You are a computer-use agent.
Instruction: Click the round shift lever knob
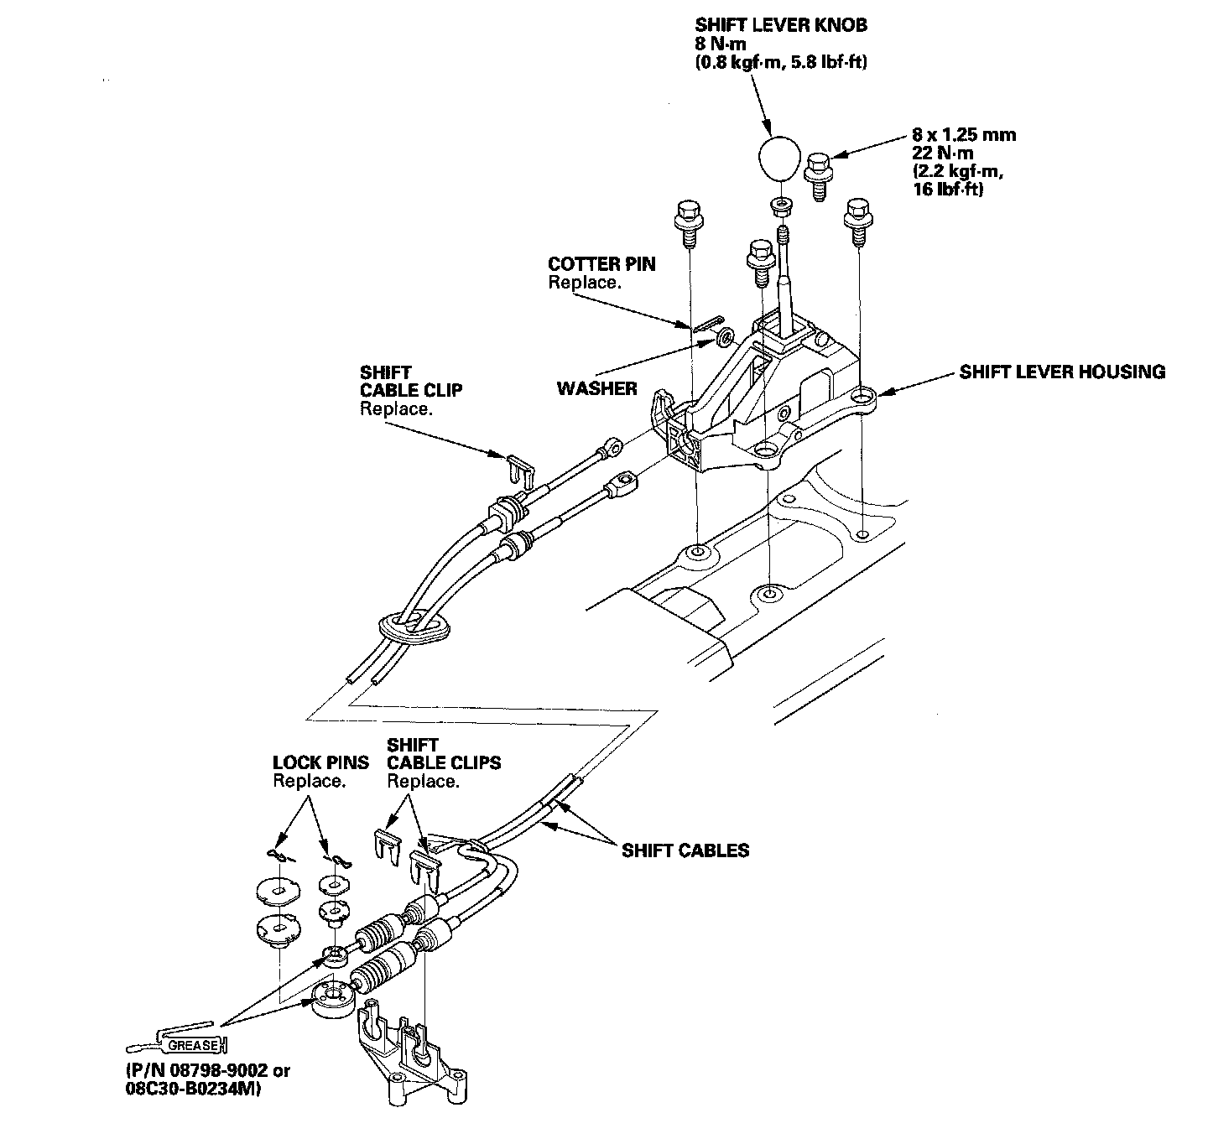(x=777, y=156)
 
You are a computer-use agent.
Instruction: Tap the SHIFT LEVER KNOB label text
(x=781, y=25)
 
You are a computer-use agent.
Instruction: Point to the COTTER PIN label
(x=601, y=264)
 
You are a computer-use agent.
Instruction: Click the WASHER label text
(x=596, y=388)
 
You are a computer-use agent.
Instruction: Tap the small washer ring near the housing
(x=722, y=338)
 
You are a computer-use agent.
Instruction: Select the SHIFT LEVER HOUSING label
(x=1062, y=372)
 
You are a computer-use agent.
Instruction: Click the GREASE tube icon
(x=177, y=1044)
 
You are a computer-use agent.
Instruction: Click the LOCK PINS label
(x=320, y=762)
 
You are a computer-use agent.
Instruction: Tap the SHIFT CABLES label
(x=685, y=850)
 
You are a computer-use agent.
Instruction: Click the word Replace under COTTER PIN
(x=585, y=283)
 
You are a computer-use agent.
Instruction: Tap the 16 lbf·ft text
(x=948, y=190)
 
